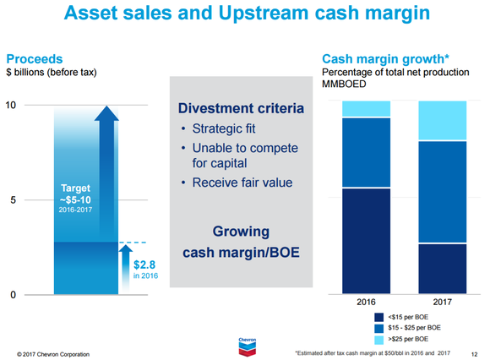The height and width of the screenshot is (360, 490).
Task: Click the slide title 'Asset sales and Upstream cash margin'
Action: pyautogui.click(x=245, y=17)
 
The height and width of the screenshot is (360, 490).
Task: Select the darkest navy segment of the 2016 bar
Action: pyautogui.click(x=366, y=241)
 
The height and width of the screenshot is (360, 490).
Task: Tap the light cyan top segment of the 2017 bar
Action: pyautogui.click(x=443, y=120)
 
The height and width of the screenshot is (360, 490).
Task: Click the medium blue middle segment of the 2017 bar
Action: pyautogui.click(x=443, y=192)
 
